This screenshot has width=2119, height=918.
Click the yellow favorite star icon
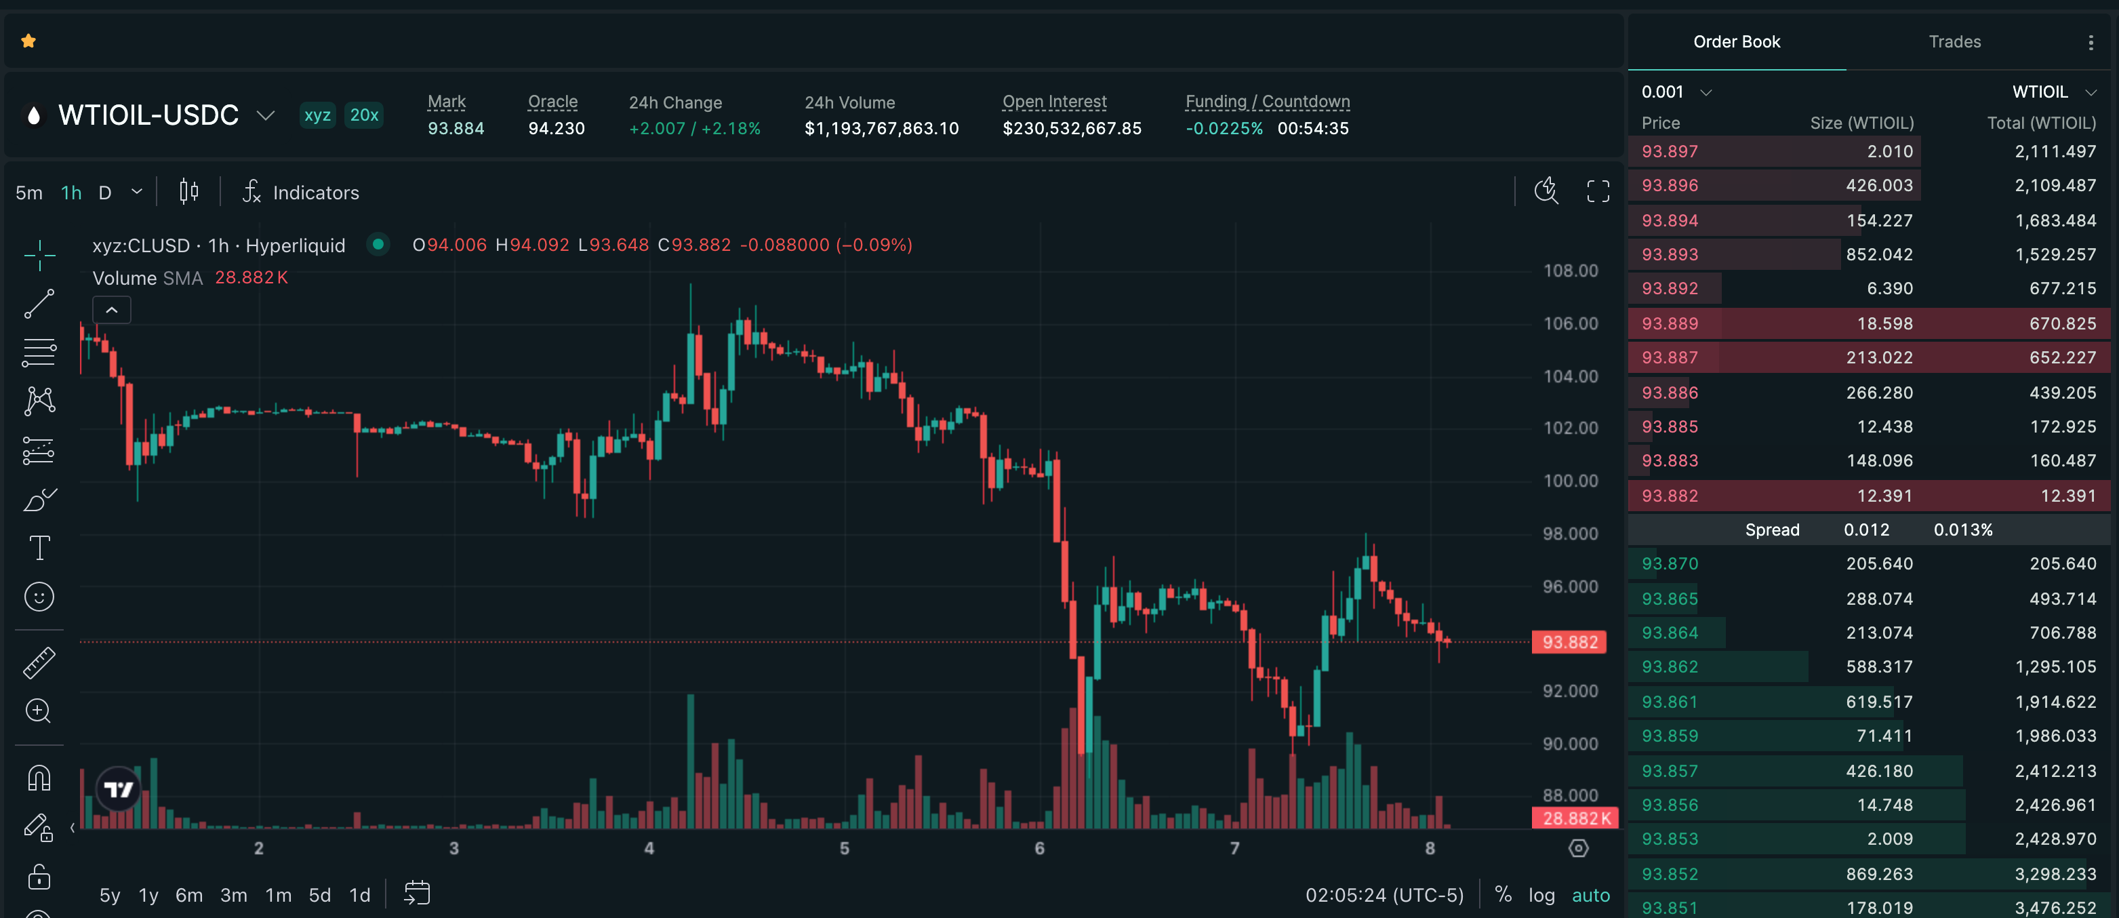(28, 41)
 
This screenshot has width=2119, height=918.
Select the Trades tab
(1954, 42)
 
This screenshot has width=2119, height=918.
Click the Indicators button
(300, 193)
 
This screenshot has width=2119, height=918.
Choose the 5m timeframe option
(28, 193)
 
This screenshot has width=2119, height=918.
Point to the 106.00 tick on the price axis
(1571, 323)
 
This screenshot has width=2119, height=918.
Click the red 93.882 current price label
(1569, 641)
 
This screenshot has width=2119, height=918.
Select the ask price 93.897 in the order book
(1670, 151)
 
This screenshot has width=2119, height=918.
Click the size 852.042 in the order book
(1879, 254)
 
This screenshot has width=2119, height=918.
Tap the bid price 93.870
(1670, 563)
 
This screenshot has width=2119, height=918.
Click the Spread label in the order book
(1772, 530)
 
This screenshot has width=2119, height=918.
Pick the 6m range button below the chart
(188, 895)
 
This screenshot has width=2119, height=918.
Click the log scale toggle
(1541, 895)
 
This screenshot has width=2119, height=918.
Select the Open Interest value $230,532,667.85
(1072, 128)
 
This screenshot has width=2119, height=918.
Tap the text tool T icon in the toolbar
(39, 548)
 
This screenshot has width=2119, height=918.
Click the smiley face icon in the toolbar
(39, 597)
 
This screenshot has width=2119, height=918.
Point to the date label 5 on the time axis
(845, 848)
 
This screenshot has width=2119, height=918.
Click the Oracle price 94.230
(556, 128)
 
